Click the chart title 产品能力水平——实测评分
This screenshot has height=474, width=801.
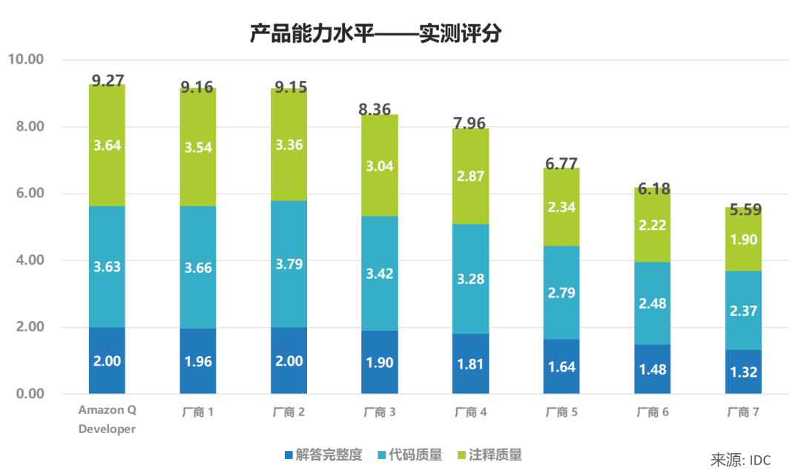(x=375, y=34)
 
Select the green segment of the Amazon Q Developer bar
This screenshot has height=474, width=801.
(x=107, y=145)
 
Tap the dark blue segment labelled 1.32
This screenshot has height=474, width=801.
(x=744, y=372)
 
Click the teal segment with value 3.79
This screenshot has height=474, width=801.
(x=289, y=264)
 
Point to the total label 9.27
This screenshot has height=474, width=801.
(x=108, y=80)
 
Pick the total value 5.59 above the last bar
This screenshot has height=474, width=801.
(x=745, y=210)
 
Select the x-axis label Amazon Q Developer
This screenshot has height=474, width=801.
(x=108, y=420)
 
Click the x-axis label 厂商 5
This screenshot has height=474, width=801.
(x=561, y=412)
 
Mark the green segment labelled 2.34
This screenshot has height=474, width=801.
(x=561, y=207)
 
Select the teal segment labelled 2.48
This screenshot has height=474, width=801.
(x=653, y=303)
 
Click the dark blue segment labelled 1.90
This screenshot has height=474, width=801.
(x=380, y=362)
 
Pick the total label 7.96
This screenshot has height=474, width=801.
(x=471, y=120)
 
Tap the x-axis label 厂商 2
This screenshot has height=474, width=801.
(x=289, y=412)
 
